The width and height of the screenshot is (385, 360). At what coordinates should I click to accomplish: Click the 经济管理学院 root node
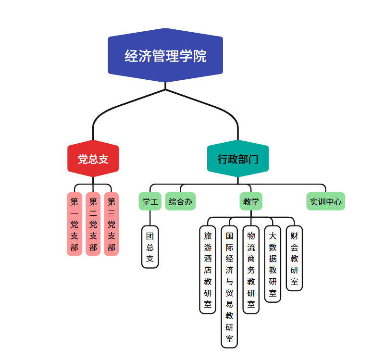[165, 56]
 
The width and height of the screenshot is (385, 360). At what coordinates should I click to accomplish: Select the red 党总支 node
[93, 159]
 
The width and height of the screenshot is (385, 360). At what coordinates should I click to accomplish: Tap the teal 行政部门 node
[237, 159]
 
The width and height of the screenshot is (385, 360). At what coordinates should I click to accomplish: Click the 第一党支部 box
[74, 224]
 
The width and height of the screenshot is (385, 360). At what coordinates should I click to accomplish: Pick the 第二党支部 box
[93, 224]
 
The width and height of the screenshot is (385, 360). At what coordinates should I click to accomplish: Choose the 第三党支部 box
[111, 224]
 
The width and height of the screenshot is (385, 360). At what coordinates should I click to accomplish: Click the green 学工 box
[150, 201]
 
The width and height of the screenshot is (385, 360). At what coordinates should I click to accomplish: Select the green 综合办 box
[180, 201]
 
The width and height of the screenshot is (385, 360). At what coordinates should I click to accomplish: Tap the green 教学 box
[251, 201]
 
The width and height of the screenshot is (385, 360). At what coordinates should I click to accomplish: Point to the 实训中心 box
[325, 201]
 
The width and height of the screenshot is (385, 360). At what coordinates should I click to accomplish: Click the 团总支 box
[150, 247]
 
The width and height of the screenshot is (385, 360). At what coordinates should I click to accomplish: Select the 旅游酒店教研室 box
[208, 270]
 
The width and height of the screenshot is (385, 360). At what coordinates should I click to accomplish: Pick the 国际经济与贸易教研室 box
[229, 286]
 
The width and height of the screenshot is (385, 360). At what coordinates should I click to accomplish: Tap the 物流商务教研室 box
[251, 270]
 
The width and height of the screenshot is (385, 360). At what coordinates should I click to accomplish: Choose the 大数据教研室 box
[273, 264]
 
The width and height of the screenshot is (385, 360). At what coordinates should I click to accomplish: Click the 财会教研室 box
[294, 258]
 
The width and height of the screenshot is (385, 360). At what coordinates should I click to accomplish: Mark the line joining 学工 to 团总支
[150, 218]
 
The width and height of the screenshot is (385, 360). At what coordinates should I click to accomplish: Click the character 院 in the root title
[200, 56]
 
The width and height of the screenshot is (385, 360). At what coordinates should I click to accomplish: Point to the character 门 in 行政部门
[253, 159]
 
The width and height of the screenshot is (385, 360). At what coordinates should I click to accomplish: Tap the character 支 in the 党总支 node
[103, 159]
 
